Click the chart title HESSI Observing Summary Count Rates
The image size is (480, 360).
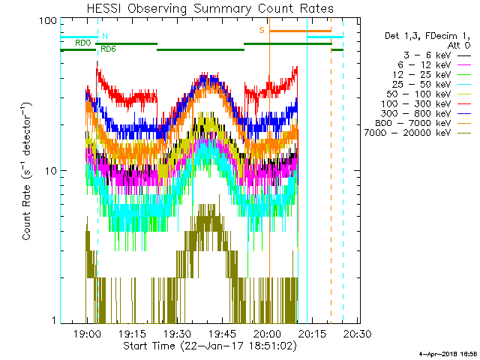coord(209,8)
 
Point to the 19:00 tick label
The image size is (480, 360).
coord(88,334)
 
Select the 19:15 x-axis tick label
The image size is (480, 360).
coord(132,334)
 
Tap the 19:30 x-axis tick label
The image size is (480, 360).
coord(177,334)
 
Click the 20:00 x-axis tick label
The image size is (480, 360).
coord(267,334)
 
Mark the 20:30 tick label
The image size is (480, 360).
coord(357,334)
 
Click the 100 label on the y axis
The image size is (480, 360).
coord(49,21)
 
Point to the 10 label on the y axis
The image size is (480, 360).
coord(52,171)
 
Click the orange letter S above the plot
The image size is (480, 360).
coord(262,30)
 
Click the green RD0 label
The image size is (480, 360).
coord(82,43)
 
